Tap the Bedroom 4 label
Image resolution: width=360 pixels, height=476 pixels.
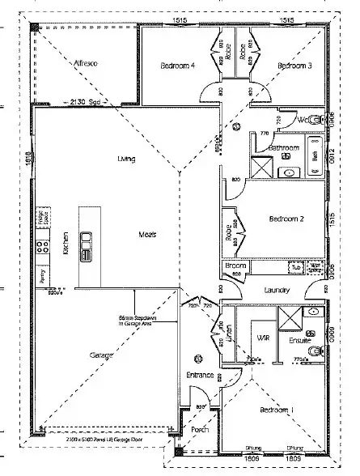point(178,66)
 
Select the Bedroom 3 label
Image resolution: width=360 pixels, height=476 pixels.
point(294,66)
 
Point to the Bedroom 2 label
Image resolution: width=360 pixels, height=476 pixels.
point(286,219)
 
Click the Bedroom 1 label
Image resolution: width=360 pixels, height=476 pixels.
point(277,410)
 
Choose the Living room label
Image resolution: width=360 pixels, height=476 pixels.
point(125,159)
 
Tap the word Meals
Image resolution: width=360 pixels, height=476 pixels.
point(147,235)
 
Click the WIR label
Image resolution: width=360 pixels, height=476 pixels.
point(262,337)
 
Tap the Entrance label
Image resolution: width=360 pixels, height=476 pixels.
point(200,375)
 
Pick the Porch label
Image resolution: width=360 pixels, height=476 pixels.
point(200,430)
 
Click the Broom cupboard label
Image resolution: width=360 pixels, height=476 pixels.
point(235,266)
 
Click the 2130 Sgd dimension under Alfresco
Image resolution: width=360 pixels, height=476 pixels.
point(84,102)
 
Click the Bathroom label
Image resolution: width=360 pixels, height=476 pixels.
point(285,149)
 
